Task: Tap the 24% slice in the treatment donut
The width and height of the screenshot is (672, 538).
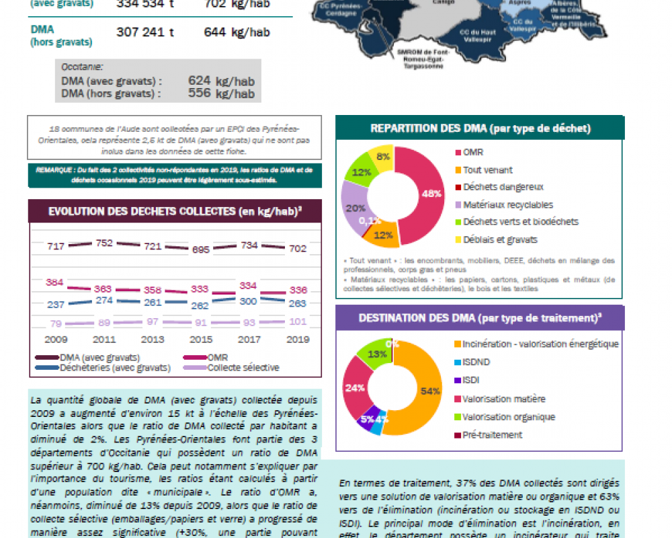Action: tap(355, 388)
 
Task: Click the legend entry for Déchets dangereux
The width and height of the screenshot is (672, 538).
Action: tap(503, 187)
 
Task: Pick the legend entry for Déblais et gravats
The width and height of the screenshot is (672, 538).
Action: tap(500, 239)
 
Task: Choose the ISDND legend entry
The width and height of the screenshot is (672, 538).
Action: tap(476, 362)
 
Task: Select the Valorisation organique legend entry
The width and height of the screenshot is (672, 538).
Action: tap(509, 417)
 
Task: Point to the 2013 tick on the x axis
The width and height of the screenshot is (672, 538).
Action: tap(153, 340)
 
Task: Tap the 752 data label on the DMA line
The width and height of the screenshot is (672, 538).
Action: tap(104, 243)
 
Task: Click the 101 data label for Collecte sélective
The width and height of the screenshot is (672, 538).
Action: tap(296, 321)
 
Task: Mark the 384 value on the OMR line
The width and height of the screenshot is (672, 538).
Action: tap(54, 282)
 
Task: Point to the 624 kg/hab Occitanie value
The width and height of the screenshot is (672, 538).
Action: tap(221, 81)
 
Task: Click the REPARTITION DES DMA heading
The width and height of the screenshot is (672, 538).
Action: tap(480, 128)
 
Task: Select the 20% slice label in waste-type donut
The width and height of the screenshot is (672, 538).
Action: tap(355, 208)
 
